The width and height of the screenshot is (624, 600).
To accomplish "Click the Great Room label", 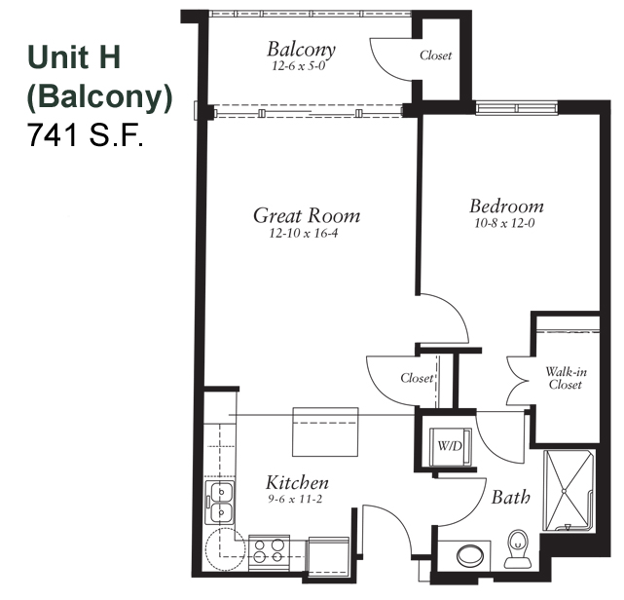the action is click(x=307, y=216).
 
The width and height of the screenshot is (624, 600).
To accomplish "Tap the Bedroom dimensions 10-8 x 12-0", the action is click(x=504, y=223).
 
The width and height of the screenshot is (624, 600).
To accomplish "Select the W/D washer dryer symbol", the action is click(x=450, y=446).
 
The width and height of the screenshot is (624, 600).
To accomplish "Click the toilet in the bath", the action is click(x=518, y=548).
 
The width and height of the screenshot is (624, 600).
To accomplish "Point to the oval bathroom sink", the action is click(x=470, y=555).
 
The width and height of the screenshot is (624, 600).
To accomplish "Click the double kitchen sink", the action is click(x=219, y=503).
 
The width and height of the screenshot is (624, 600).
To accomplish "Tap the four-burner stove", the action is click(x=269, y=552).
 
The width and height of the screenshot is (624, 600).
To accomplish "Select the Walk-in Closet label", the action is click(x=566, y=378).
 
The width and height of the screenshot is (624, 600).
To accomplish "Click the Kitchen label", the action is click(x=297, y=482).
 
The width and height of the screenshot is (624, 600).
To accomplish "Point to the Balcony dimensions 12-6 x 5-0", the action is click(x=299, y=65).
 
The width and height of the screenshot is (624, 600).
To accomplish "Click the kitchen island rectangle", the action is click(x=325, y=431).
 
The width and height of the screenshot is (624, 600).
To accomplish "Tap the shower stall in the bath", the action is click(x=568, y=491).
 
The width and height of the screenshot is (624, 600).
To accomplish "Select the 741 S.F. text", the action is click(x=85, y=135).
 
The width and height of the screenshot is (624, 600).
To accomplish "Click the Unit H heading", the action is click(x=74, y=56).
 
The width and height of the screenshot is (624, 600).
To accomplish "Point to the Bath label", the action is click(x=511, y=498).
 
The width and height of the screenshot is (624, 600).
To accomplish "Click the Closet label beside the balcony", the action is click(x=436, y=55).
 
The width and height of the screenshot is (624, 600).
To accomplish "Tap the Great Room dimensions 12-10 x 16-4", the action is click(x=304, y=233).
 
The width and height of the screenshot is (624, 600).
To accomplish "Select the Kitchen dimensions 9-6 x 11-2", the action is click(x=295, y=499).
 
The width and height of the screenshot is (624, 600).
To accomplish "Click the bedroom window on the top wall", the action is click(x=517, y=108).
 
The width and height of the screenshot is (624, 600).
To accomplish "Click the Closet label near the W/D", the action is click(x=417, y=378).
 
